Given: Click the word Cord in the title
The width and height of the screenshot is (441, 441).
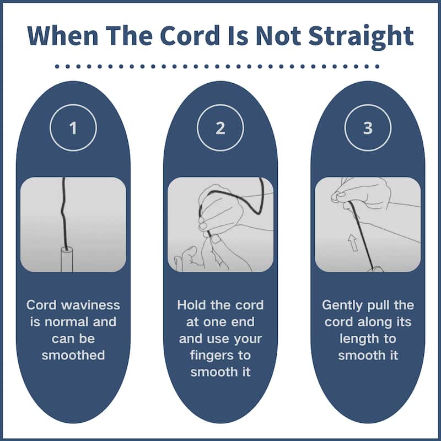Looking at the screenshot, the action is click(x=190, y=35).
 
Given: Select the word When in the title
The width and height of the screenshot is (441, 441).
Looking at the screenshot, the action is click(x=63, y=35).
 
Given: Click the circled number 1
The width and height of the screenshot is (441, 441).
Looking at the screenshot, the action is click(x=73, y=128).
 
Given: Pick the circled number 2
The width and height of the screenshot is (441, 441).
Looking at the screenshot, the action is click(x=220, y=128).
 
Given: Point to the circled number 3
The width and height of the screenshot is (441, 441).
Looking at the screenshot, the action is click(x=368, y=128).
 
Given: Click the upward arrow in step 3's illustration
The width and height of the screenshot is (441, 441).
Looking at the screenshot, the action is click(x=353, y=243).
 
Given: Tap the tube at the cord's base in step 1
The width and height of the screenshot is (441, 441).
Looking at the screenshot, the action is click(x=67, y=259).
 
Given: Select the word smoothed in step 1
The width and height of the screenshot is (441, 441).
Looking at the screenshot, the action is click(x=73, y=355).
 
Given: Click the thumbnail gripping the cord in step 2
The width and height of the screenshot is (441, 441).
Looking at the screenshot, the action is click(x=216, y=239).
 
